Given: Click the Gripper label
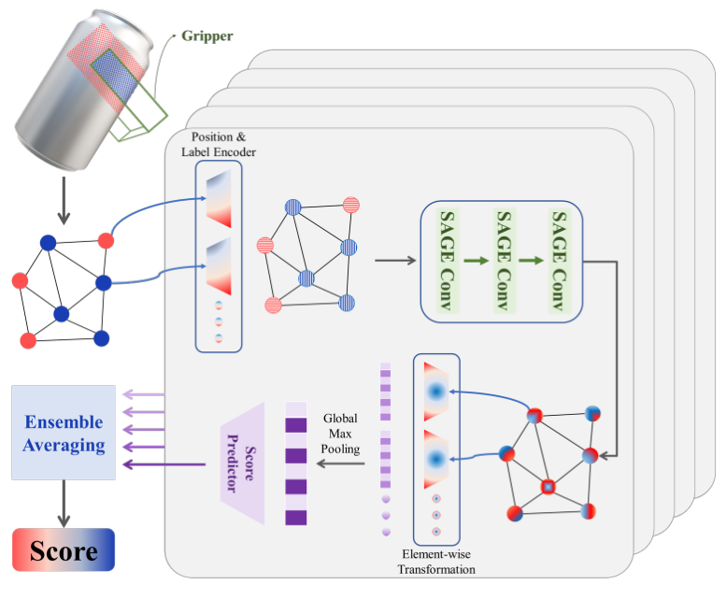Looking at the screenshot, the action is click(x=207, y=36).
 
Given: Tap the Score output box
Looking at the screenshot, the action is click(x=64, y=549).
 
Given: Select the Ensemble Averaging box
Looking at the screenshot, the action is click(x=64, y=433).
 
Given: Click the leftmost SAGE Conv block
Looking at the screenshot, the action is click(x=447, y=261).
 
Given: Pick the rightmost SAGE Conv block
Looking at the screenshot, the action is click(x=560, y=261).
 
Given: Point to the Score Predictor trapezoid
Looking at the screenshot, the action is click(x=242, y=463).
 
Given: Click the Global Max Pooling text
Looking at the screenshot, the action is click(x=340, y=434).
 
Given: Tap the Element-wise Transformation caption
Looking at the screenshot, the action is click(x=436, y=562).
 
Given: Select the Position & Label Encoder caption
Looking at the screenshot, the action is click(x=219, y=145).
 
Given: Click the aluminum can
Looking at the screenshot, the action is click(x=83, y=91).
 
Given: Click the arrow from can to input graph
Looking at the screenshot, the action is click(x=64, y=200).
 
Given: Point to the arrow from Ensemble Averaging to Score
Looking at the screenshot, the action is click(x=64, y=504).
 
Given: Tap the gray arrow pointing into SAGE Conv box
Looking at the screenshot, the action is click(x=395, y=261).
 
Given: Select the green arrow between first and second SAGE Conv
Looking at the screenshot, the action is click(x=476, y=261).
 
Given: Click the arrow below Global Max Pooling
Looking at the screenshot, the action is click(x=340, y=463).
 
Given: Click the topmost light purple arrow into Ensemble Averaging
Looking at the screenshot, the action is click(x=144, y=394).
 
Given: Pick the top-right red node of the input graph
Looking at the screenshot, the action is click(x=106, y=241).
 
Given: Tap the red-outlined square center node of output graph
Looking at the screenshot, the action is click(x=548, y=487).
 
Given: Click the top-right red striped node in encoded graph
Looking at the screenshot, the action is click(x=351, y=205).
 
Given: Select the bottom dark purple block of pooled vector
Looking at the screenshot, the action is click(x=296, y=517).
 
